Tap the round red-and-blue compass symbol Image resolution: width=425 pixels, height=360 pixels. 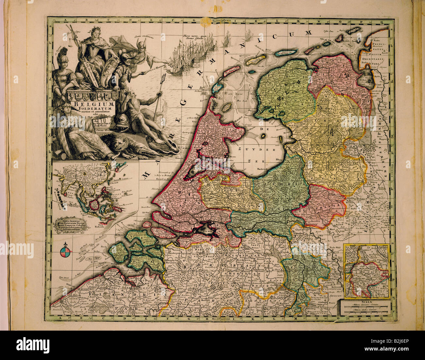[x=65, y=252]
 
